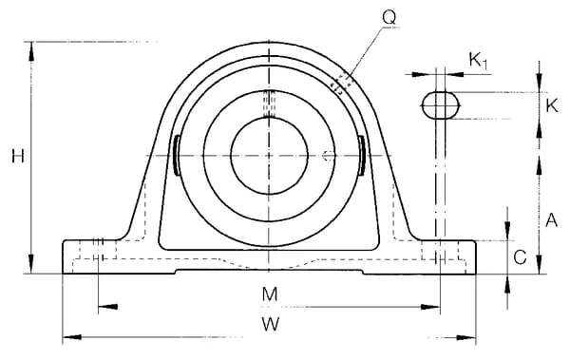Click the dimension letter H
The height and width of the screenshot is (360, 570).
[x=18, y=156]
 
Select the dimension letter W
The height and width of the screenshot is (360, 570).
[x=271, y=324]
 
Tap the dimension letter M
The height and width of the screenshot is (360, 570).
[x=270, y=294]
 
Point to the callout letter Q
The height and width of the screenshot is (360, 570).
[x=389, y=17]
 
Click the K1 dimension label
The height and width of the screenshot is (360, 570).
[x=478, y=61]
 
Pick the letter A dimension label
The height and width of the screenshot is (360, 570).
[x=551, y=220]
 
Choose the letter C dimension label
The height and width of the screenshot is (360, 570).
[x=521, y=257]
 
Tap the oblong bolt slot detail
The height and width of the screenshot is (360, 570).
[x=441, y=105]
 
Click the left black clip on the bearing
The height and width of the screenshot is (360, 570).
[x=177, y=155]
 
